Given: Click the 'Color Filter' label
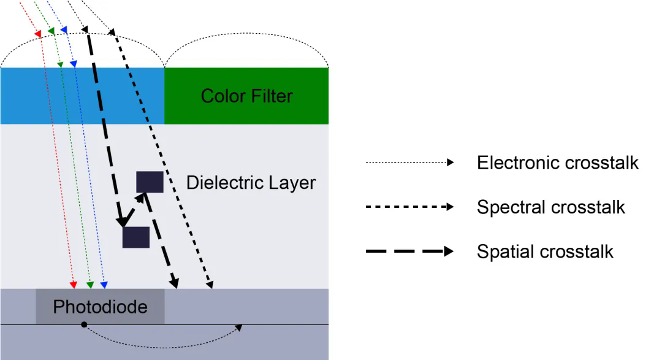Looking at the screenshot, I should point(246,96).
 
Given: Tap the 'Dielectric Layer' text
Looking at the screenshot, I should point(251,183).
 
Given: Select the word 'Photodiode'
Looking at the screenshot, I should point(100,307).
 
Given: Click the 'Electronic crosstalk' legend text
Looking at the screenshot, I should point(557,163).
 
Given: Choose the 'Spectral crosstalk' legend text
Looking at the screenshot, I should point(550,207).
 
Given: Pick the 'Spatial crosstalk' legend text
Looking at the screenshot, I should point(544,251).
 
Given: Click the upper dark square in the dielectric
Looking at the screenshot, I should point(150,182).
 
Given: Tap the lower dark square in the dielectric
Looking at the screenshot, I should point(135,237).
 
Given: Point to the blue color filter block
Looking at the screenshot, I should point(82,96).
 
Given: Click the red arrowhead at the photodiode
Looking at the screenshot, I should point(74,285).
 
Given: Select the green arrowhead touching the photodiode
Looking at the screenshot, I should point(89,285).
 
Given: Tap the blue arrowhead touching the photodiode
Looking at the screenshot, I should point(104,285).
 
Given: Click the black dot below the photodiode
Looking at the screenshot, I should point(84,324).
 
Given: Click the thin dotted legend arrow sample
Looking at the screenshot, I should point(409,163).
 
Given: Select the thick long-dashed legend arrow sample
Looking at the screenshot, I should point(409,251).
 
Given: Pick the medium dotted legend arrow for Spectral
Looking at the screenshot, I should point(409,207).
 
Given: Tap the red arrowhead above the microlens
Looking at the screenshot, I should point(38,33).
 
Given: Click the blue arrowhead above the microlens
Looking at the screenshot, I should point(63,30).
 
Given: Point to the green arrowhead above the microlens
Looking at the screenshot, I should point(51,31).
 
